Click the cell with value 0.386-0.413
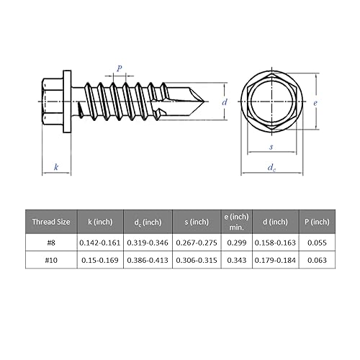point(148,259)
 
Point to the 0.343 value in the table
point(236,259)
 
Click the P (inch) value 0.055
point(316,243)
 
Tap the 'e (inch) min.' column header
point(236,222)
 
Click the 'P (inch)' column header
point(316,222)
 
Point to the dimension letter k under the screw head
point(55,166)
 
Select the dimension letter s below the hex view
point(271,146)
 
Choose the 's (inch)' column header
point(197,222)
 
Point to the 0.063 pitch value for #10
point(316,259)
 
